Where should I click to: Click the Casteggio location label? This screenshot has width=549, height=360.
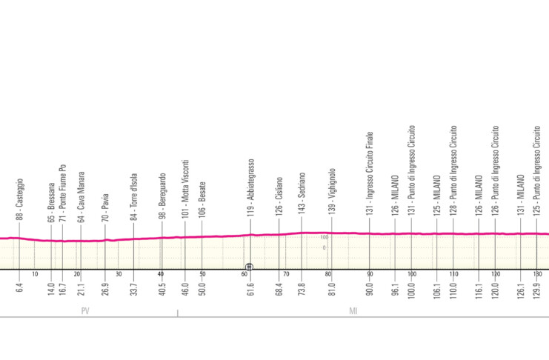19,199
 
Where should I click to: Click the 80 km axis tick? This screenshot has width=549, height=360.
327,274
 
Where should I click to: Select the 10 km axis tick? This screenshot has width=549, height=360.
34,274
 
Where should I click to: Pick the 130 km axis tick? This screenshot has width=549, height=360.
537,274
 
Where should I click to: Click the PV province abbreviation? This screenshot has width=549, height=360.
86,312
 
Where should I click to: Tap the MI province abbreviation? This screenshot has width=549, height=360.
354,312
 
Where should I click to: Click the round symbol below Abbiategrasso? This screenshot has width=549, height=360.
250,266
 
